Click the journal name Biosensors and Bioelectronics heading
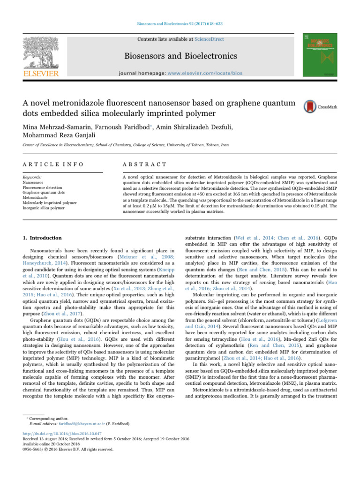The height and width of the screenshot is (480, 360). pyautogui.click(x=180, y=57)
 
